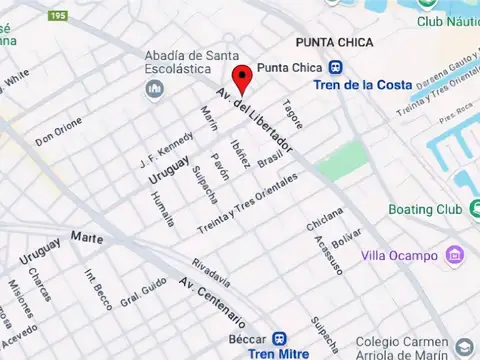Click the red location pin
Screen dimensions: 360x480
point(241,79)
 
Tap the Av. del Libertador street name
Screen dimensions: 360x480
point(256,121)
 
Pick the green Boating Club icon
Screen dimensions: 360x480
point(474,209)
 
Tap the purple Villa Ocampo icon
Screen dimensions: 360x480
point(455,254)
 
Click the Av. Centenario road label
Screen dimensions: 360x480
point(212,304)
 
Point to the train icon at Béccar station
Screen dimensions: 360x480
point(283,339)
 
